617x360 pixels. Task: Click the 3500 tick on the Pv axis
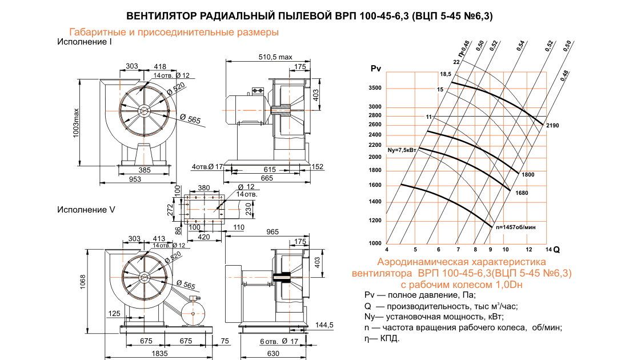coord(375,89)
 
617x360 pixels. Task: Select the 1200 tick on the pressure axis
coord(375,221)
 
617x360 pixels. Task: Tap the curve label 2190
coord(552,125)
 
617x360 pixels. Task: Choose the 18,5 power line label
coord(446,74)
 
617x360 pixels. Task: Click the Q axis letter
coord(556,250)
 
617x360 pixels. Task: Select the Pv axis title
coord(375,69)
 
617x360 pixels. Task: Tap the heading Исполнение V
coord(86,210)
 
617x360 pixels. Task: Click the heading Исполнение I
coord(84,42)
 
